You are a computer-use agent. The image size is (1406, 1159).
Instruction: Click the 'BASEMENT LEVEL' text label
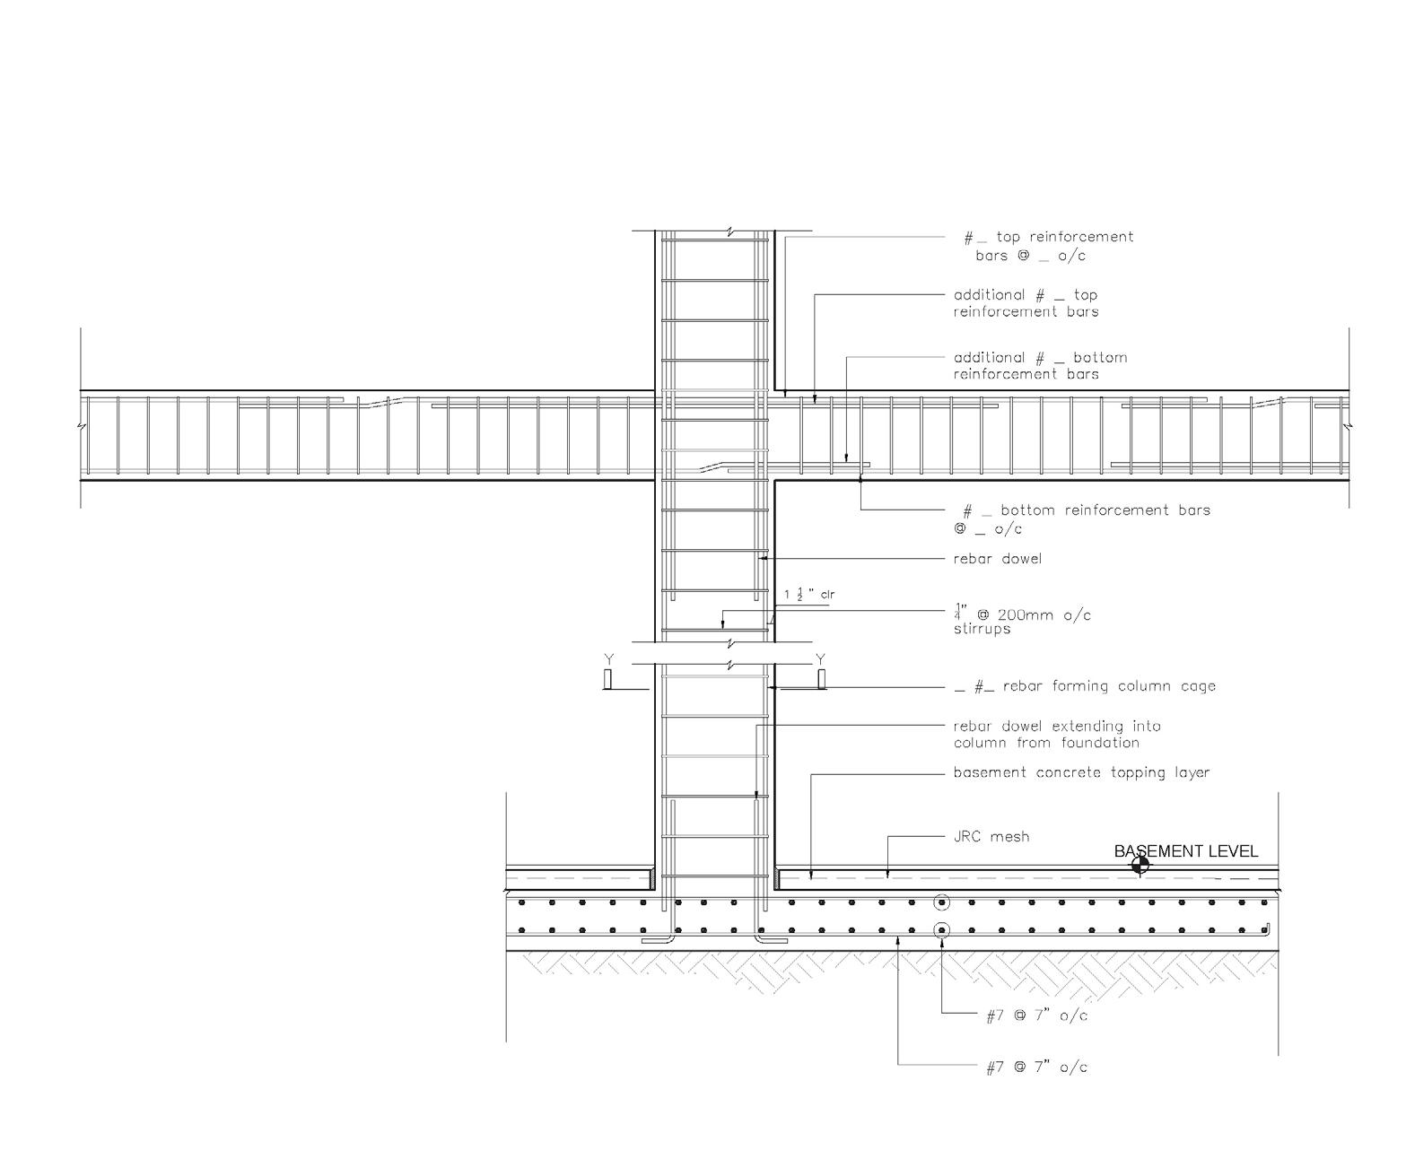click(1185, 851)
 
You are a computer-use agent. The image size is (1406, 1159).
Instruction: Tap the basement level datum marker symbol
click(1140, 865)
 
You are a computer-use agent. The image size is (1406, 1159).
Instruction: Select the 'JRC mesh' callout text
click(991, 837)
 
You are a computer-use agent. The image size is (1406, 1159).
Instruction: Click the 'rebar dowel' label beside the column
click(998, 559)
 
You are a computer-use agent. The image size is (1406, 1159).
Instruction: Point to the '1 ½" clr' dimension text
click(809, 595)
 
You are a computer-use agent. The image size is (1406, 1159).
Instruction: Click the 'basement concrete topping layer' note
click(1081, 772)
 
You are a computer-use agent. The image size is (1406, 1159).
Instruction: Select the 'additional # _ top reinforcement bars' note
click(1026, 303)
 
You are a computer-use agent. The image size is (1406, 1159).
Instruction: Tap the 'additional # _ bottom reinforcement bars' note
click(1040, 366)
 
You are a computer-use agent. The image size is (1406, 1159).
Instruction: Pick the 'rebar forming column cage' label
click(1084, 686)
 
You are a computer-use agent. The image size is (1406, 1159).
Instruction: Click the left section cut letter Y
click(609, 660)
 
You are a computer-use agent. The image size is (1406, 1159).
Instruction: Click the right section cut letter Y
click(820, 660)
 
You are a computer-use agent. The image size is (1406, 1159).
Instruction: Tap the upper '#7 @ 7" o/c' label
click(1036, 1015)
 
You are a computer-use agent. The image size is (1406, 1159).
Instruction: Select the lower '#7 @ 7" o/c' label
click(1036, 1067)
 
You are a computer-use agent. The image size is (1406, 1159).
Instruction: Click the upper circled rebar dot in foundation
click(941, 902)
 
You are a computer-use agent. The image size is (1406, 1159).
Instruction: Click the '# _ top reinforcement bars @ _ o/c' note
click(1048, 246)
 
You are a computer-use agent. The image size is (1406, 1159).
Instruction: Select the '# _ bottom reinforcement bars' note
click(1081, 519)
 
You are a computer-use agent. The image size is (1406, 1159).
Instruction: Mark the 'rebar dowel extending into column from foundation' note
click(1056, 734)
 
